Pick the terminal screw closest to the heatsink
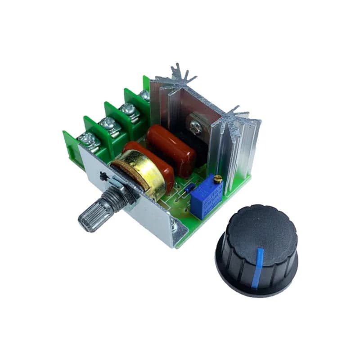[x=145, y=95]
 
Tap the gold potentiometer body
[x=139, y=174]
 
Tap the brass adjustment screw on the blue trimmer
[x=217, y=180]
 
